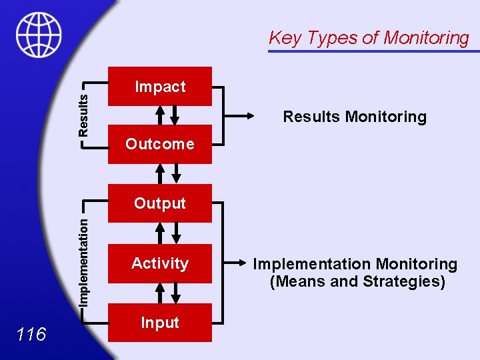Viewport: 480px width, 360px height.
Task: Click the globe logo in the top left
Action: tap(39, 35)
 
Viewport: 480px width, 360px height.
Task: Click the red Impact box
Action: tap(160, 87)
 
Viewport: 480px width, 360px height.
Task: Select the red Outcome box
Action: tap(160, 144)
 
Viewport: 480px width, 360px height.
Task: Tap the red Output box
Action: tap(160, 203)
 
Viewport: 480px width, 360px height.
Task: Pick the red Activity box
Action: tap(160, 263)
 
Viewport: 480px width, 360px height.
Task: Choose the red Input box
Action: tap(160, 323)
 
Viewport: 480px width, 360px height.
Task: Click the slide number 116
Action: tap(31, 334)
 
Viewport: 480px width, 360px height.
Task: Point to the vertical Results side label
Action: tap(83, 114)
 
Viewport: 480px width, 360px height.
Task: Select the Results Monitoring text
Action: tap(354, 117)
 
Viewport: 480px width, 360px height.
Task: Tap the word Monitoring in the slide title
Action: tap(426, 38)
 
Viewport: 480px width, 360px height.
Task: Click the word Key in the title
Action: tap(285, 38)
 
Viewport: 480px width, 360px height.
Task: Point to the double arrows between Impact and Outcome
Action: tap(167, 115)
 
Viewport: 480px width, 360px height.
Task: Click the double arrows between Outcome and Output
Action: tap(167, 174)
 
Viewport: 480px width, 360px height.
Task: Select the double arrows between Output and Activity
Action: tap(167, 233)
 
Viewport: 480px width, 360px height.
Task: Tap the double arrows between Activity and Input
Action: tap(167, 293)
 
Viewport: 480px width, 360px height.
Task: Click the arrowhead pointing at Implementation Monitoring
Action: tap(241, 263)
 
